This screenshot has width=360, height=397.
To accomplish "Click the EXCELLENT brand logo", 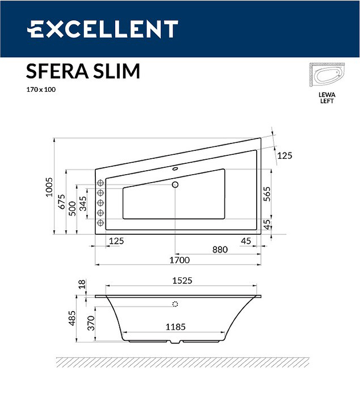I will coord(102,29).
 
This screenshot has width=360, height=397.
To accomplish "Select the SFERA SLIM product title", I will coord(83,71).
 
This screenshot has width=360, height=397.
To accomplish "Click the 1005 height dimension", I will coord(49,187).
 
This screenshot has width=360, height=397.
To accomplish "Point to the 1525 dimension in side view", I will coord(181,281).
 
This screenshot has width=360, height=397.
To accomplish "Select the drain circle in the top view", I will coord(175,185).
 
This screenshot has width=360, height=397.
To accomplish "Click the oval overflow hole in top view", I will coord(175,168).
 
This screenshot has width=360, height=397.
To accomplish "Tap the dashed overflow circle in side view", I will coord(175,304).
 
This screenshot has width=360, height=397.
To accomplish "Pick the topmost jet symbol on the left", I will coord(100,182).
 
